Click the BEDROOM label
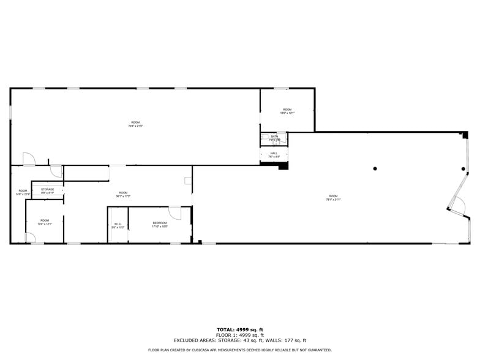160,223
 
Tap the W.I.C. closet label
118,224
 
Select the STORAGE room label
48,190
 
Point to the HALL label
274,153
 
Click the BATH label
274,136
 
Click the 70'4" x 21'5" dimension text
135,126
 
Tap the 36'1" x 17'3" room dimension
123,196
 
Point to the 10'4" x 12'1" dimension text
45,224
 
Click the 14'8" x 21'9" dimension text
23,195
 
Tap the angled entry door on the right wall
457,205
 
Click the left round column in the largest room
375,169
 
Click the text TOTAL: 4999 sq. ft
239,330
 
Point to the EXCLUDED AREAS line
239,340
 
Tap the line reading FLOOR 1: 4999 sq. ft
239,336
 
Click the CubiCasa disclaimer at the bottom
239,350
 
